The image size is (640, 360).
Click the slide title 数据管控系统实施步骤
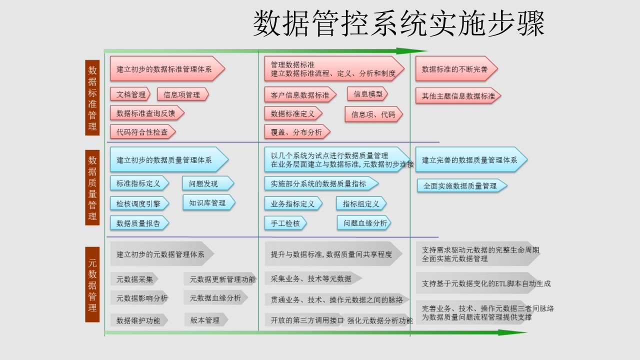(x=398, y=23)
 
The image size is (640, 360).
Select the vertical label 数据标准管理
(x=92, y=97)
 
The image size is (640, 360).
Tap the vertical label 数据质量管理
(x=92, y=187)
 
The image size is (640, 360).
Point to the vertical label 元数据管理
(x=92, y=284)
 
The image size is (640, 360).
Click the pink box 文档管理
(x=130, y=94)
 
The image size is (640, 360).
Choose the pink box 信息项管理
(x=183, y=94)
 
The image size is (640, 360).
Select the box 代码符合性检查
(x=143, y=132)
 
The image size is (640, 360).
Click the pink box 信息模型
(x=367, y=94)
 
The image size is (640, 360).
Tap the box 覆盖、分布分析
(x=297, y=132)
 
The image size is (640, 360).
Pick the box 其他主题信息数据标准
(x=458, y=96)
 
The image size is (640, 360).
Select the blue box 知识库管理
(x=209, y=203)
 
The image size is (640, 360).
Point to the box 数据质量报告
(x=139, y=223)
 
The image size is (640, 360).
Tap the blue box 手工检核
(x=285, y=223)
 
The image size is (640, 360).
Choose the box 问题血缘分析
(x=364, y=223)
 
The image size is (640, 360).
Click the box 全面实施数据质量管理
(x=462, y=186)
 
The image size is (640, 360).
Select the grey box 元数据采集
(x=134, y=279)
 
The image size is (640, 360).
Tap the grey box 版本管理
(x=206, y=320)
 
